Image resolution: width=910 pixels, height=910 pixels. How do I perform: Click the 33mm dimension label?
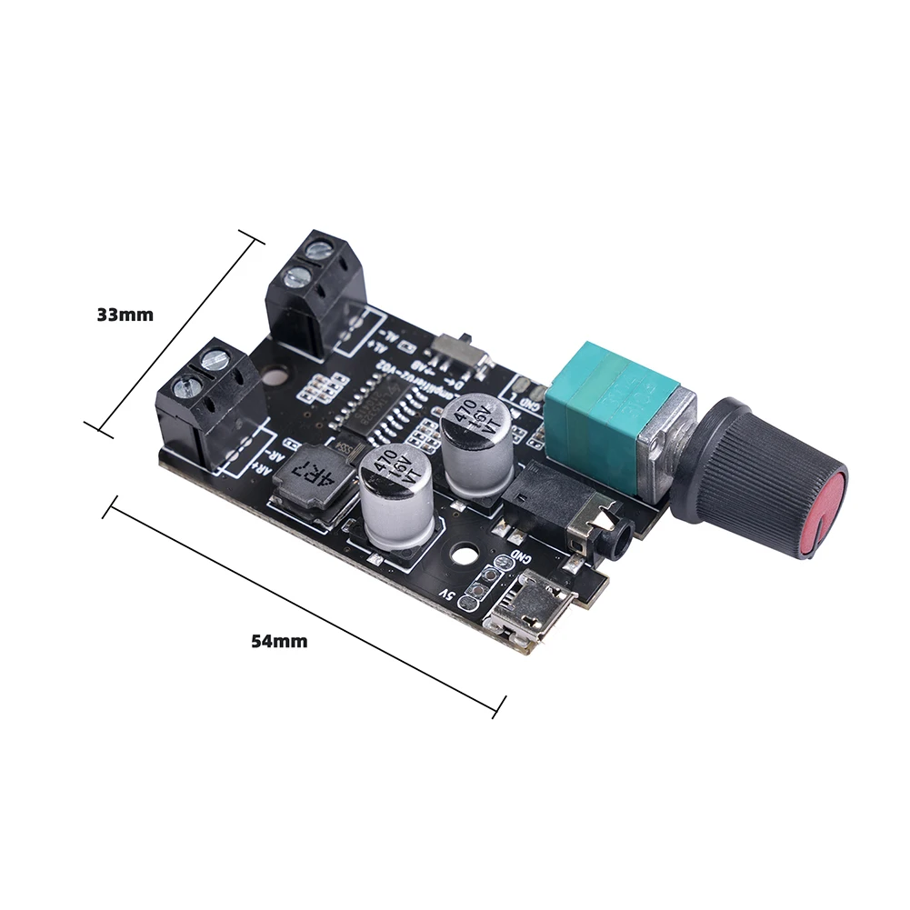125,315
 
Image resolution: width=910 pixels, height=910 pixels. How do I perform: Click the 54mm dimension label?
279,641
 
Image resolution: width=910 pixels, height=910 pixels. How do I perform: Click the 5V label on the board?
446,594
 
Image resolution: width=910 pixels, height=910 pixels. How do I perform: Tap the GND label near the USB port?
519,557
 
